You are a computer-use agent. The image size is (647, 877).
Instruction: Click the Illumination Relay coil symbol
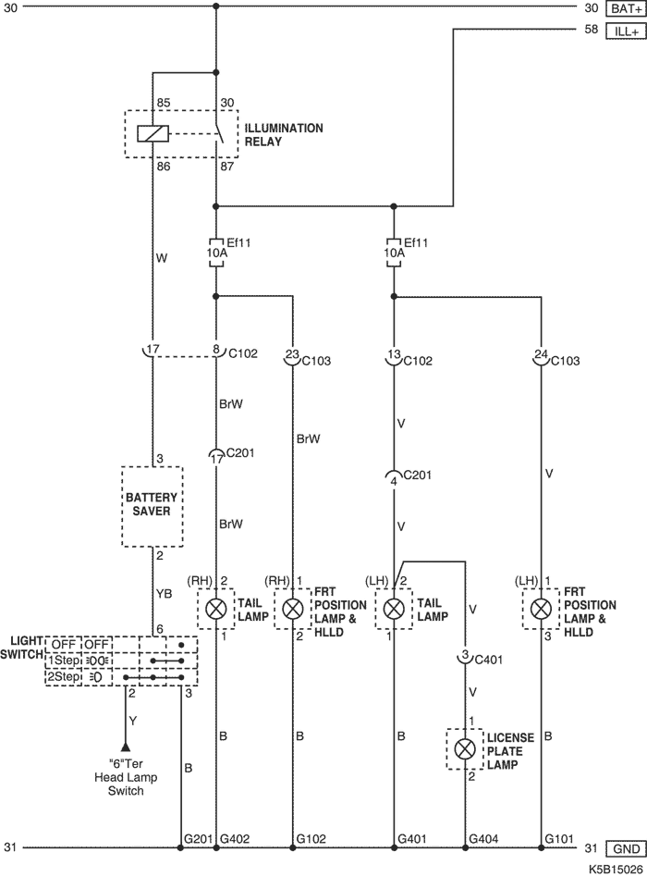[x=151, y=133]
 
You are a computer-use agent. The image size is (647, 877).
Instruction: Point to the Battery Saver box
[x=153, y=504]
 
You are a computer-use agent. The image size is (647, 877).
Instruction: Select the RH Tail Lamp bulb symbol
[x=216, y=608]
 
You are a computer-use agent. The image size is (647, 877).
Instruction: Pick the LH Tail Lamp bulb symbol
[x=393, y=608]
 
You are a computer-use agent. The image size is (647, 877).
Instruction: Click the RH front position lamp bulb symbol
[x=293, y=608]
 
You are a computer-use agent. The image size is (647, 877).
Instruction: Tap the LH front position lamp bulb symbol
[x=540, y=608]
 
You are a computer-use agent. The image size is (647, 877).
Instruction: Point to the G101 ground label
[x=559, y=838]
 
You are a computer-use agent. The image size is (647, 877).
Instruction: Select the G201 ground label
[x=199, y=838]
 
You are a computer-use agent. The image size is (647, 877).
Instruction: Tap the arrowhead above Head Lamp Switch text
[x=125, y=747]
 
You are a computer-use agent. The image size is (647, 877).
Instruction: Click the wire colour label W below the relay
[x=162, y=260]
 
